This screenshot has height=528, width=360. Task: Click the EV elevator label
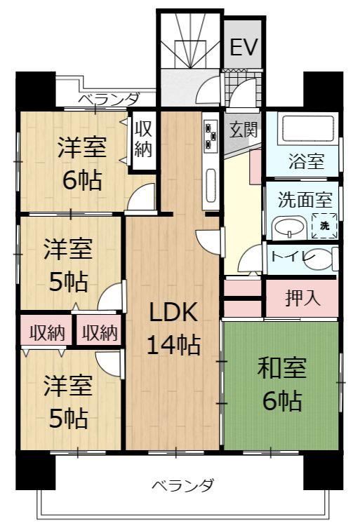244,46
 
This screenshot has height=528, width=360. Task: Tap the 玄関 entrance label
244,129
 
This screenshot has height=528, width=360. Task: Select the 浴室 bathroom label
306,161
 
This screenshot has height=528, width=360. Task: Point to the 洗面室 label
305,199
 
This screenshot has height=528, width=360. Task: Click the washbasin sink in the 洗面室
289,228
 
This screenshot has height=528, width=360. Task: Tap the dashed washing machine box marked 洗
324,226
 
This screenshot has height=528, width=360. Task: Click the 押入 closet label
302,298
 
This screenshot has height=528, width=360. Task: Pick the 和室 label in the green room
281,367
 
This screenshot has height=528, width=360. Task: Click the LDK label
173,312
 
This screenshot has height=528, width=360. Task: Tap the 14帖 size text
173,345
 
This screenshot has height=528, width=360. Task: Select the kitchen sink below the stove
211,185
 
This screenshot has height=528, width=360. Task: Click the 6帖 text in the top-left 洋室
82,180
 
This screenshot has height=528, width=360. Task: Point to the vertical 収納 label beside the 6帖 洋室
143,138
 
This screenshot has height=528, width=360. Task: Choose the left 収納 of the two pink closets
47,332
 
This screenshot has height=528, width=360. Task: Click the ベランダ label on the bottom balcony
182,485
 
